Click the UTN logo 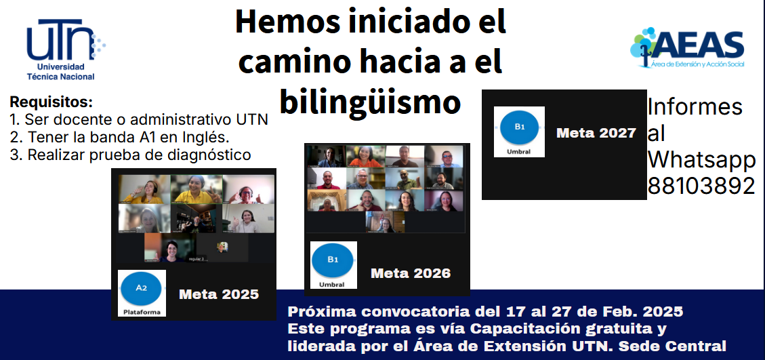tap(66, 49)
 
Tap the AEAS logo tap(687, 48)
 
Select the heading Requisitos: tap(51, 102)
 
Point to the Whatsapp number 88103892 tap(701, 186)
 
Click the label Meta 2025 tap(219, 294)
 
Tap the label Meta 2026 tap(411, 273)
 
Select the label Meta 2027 tap(596, 133)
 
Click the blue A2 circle tap(141, 288)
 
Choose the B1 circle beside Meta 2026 tap(333, 260)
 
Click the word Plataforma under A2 tap(142, 312)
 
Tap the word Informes tap(695, 107)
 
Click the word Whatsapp tap(701, 160)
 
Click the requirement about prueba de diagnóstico tap(130, 155)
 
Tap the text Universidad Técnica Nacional tap(60, 71)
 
